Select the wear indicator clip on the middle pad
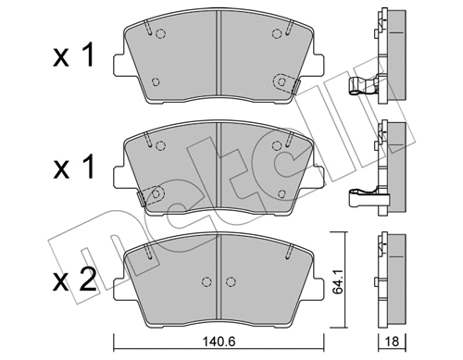click(x=147, y=195)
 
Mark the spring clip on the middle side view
click(x=363, y=196)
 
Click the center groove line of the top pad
click(x=218, y=56)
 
